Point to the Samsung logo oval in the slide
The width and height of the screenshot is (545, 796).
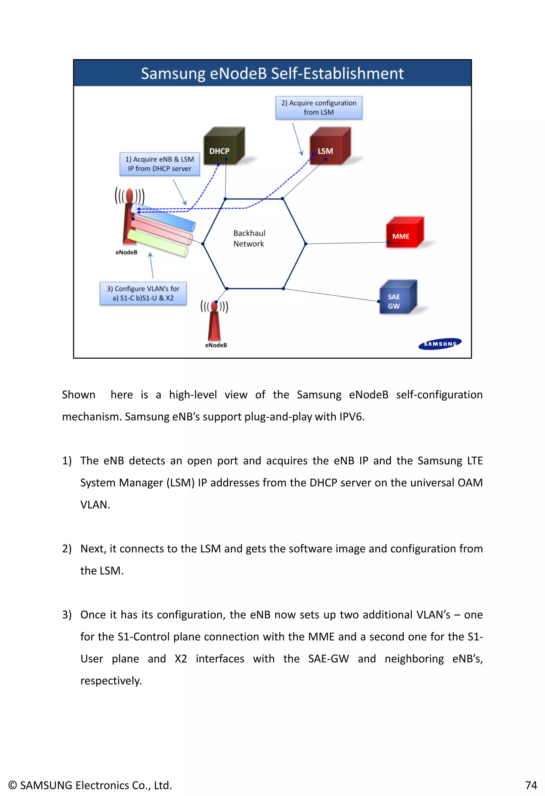click(440, 344)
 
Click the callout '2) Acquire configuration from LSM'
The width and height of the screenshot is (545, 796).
click(319, 108)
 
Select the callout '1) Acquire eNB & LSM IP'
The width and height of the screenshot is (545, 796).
click(160, 164)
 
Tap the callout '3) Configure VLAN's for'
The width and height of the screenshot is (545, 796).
click(143, 293)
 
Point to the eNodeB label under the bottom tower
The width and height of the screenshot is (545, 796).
click(216, 345)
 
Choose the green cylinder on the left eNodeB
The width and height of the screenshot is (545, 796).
click(158, 243)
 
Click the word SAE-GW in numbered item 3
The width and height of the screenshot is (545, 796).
click(328, 659)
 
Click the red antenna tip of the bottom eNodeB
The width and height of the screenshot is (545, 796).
click(214, 306)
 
